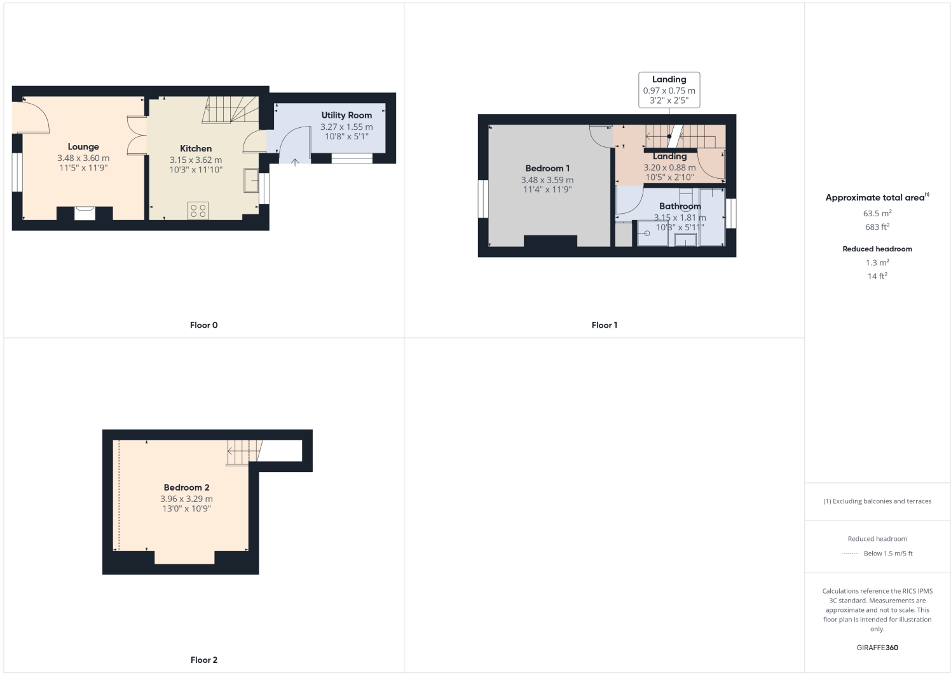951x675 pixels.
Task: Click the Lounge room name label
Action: pyautogui.click(x=83, y=147)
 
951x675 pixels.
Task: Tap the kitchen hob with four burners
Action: pyautogui.click(x=198, y=211)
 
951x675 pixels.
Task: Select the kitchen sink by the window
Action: pyautogui.click(x=250, y=180)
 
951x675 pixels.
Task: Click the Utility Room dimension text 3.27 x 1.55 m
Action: pyautogui.click(x=346, y=127)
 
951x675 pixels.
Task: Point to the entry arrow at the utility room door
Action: pyautogui.click(x=295, y=162)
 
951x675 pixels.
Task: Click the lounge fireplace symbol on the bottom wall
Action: pyautogui.click(x=85, y=213)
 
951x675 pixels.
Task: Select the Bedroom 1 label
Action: pyautogui.click(x=547, y=168)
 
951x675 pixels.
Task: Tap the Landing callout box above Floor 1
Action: pyautogui.click(x=669, y=90)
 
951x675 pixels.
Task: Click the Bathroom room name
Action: pyautogui.click(x=680, y=206)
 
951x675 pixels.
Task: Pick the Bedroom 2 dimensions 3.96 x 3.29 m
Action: pyautogui.click(x=186, y=499)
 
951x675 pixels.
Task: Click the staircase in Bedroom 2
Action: pyautogui.click(x=240, y=452)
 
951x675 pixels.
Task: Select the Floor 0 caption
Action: pyautogui.click(x=203, y=325)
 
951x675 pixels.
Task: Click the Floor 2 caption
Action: pyautogui.click(x=203, y=660)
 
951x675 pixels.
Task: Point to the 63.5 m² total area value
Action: pyautogui.click(x=877, y=214)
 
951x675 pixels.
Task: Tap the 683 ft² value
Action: pyautogui.click(x=877, y=227)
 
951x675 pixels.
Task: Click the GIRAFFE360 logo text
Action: pyautogui.click(x=877, y=648)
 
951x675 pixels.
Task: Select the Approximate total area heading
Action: pyautogui.click(x=875, y=198)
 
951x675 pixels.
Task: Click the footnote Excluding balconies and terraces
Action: pyautogui.click(x=877, y=501)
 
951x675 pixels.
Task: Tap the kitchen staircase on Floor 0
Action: pyautogui.click(x=229, y=109)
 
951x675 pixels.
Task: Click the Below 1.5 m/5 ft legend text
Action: pyautogui.click(x=887, y=553)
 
